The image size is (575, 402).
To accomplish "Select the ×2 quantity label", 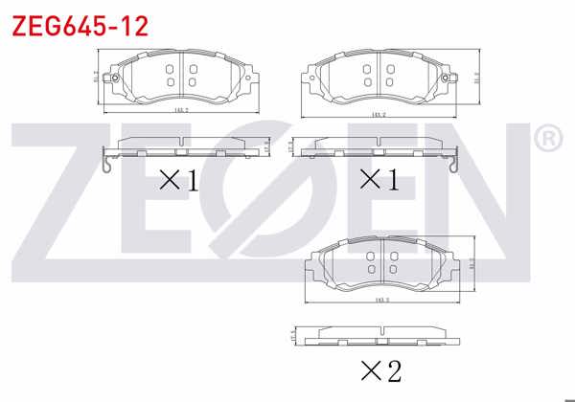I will click(x=380, y=370).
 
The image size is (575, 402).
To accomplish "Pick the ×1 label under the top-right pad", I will click(x=380, y=179).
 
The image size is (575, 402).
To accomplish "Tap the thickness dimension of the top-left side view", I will click(x=265, y=147).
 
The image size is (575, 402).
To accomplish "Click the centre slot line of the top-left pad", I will click(x=179, y=77).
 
